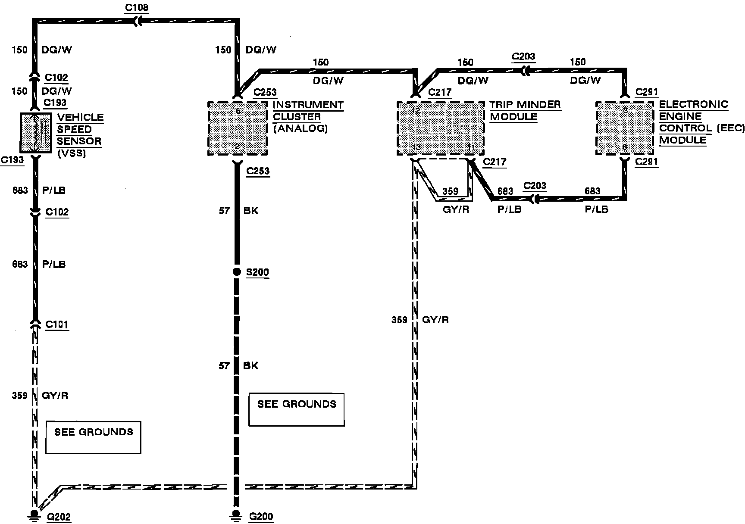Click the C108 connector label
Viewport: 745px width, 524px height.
coord(136,7)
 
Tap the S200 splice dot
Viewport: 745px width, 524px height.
coord(236,272)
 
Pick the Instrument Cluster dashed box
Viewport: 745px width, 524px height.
coord(238,128)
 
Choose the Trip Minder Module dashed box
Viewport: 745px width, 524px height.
coord(440,128)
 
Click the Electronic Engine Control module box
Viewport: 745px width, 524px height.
coord(625,128)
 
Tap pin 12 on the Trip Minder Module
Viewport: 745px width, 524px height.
coord(416,110)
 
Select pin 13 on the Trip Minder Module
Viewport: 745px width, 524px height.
coord(416,147)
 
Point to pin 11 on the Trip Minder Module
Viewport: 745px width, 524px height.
coord(471,147)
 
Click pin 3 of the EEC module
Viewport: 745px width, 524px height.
coord(625,110)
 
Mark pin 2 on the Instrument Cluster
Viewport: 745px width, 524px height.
coord(237,147)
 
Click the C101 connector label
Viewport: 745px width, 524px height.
coord(57,324)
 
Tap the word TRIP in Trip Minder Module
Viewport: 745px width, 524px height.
coord(501,105)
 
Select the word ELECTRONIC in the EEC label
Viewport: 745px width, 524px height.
coord(693,105)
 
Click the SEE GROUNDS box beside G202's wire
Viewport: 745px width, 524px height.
coord(93,437)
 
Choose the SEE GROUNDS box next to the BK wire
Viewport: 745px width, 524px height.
coord(297,409)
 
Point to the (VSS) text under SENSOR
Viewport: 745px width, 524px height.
coord(72,153)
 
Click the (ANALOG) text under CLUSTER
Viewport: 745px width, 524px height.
coord(301,128)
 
